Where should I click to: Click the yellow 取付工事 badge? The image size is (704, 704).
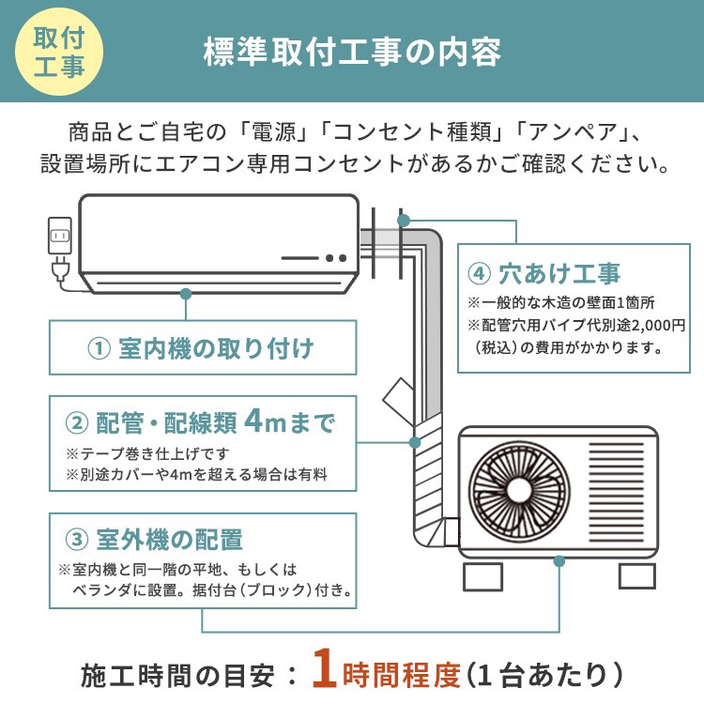(58, 53)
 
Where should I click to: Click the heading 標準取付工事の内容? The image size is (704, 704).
(352, 52)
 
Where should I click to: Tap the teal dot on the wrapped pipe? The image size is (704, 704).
(414, 441)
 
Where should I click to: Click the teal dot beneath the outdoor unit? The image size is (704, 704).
(559, 560)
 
